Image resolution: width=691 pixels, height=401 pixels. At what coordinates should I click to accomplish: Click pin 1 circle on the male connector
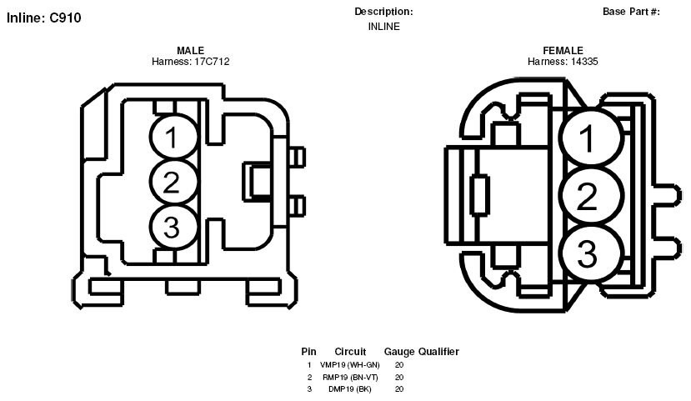tap(173, 137)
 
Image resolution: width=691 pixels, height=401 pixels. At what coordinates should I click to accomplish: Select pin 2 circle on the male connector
tap(173, 182)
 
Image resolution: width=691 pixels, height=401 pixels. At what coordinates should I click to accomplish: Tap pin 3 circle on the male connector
tap(173, 228)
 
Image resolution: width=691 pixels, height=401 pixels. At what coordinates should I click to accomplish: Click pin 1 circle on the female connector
tap(592, 138)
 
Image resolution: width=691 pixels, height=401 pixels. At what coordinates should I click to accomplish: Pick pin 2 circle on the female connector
tap(592, 196)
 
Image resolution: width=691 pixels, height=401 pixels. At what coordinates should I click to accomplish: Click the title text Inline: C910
tap(43, 18)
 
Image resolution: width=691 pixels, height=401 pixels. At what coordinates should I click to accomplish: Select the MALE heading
tap(190, 51)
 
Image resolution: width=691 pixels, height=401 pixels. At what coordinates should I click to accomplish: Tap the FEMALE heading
tap(563, 51)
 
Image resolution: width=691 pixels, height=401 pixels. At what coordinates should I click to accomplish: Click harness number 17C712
tap(212, 62)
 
